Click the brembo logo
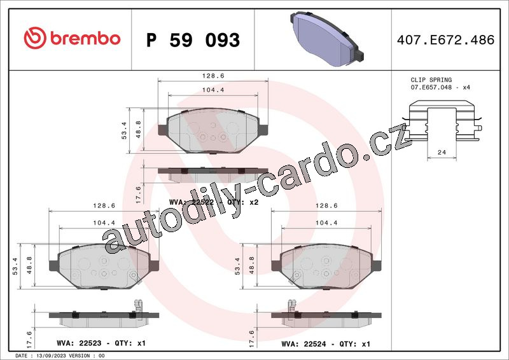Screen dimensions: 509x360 [x=72, y=38]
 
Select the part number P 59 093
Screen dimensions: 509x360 [x=193, y=40]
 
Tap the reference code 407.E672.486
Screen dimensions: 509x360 [x=445, y=40]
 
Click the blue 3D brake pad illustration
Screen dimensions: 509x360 [x=327, y=39]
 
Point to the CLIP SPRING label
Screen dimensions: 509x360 [x=431, y=80]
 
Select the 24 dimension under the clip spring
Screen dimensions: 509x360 [x=442, y=152]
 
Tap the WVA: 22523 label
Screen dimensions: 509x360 [x=79, y=343]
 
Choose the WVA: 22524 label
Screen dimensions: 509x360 [x=303, y=343]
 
